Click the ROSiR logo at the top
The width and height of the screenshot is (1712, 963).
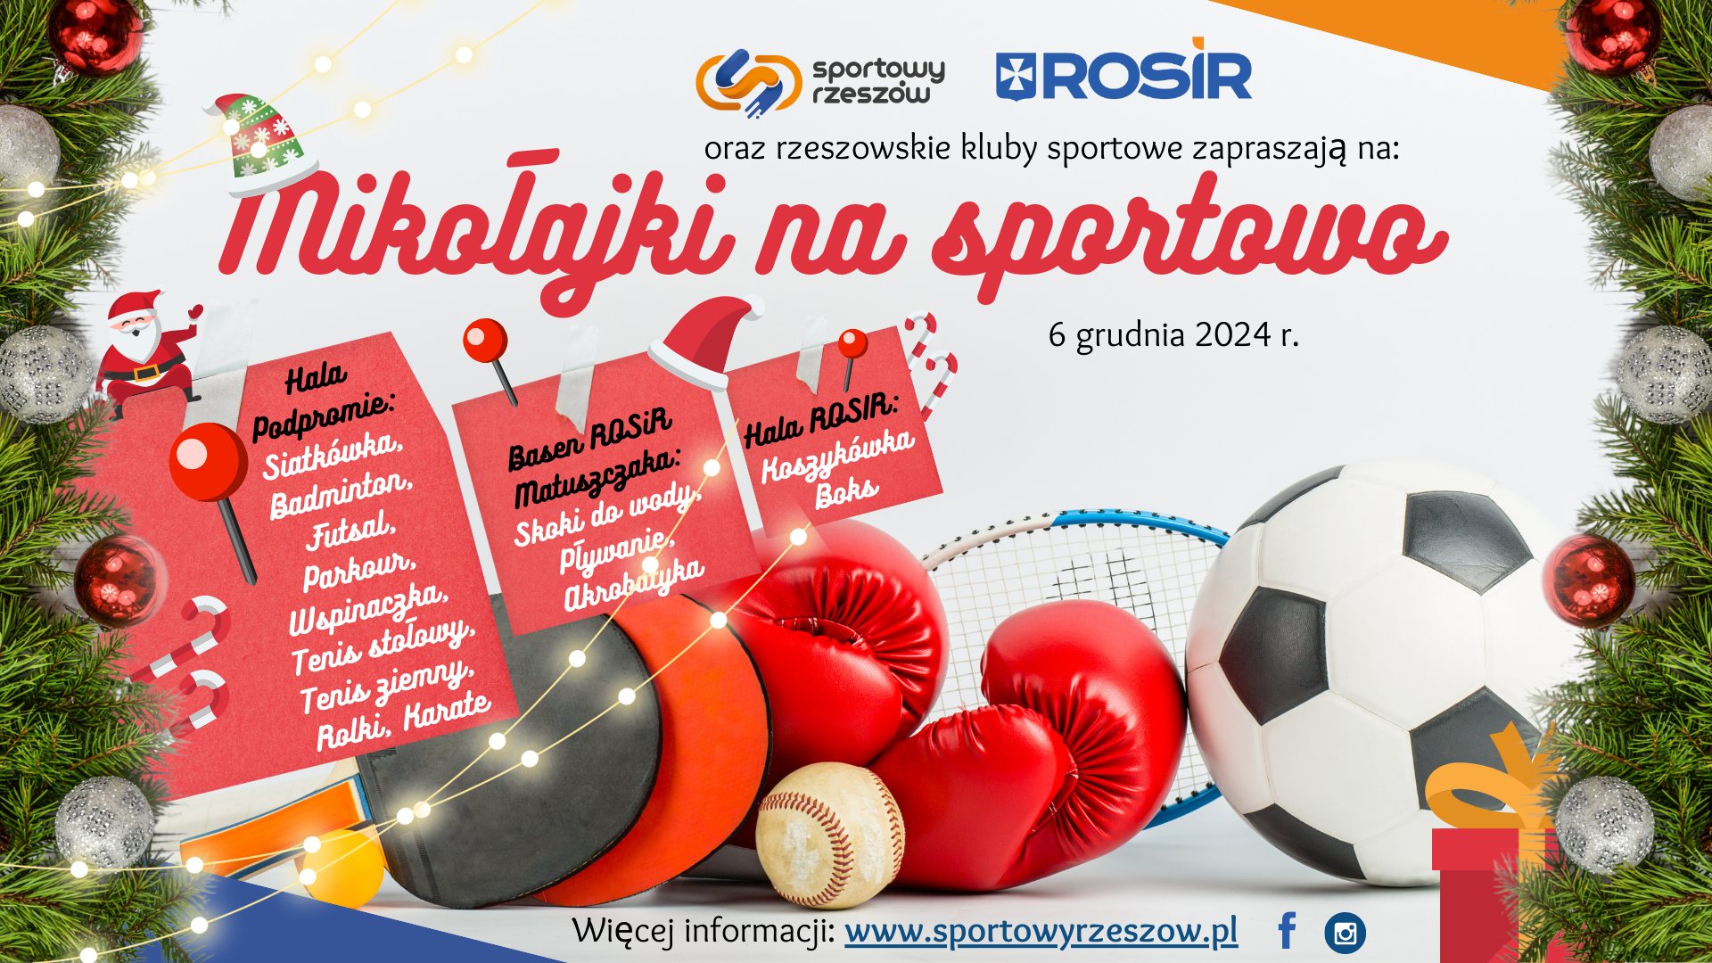(x=1123, y=71)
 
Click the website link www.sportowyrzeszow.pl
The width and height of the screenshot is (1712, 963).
(x=1041, y=932)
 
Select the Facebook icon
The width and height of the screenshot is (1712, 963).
(x=1287, y=931)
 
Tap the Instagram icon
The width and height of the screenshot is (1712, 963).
(x=1345, y=934)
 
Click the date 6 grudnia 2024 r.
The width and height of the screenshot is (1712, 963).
(x=1173, y=335)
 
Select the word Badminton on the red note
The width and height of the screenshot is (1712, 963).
(x=342, y=494)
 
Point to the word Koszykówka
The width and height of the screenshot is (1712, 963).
(x=837, y=456)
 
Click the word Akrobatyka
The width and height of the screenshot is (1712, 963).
(x=634, y=584)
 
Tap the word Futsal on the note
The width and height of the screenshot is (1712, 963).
(x=350, y=530)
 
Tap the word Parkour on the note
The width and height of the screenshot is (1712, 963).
(x=359, y=570)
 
